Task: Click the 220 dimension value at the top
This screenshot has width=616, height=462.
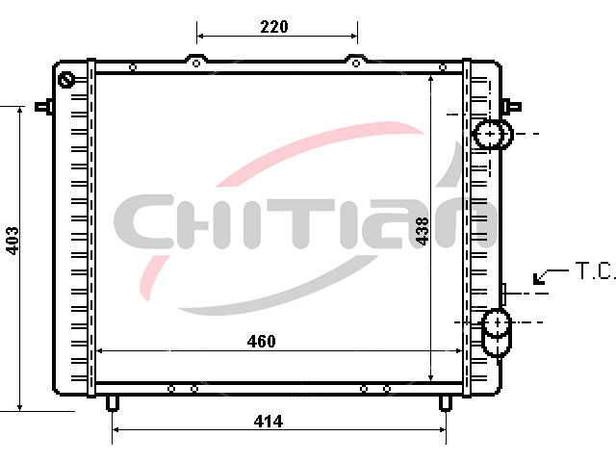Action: tap(274, 27)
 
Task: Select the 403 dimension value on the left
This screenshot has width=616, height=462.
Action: tap(13, 241)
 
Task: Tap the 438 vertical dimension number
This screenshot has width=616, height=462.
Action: tap(422, 231)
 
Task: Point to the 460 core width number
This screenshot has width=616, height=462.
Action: tap(261, 341)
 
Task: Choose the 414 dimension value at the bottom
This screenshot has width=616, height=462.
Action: tap(269, 422)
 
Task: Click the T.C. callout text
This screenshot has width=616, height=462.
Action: tap(596, 270)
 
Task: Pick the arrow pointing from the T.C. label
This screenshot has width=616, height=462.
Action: tap(550, 276)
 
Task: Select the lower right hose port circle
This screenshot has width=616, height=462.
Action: tap(498, 322)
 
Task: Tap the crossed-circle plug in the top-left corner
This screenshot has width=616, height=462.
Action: tap(66, 80)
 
